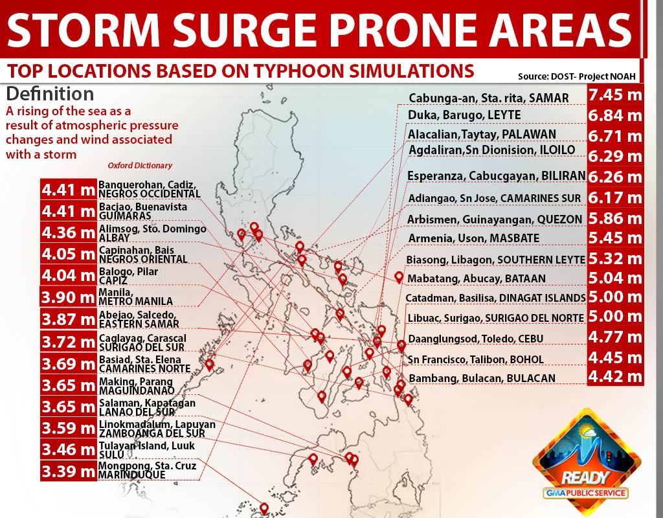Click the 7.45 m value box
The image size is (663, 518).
pyautogui.click(x=615, y=95)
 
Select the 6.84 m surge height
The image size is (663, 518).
pyautogui.click(x=615, y=115)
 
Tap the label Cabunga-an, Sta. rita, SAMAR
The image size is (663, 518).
pyautogui.click(x=488, y=98)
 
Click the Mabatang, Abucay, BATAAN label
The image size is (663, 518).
pyautogui.click(x=476, y=278)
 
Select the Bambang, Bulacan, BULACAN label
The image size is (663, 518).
pyautogui.click(x=482, y=377)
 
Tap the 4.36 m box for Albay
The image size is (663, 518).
pyautogui.click(x=68, y=232)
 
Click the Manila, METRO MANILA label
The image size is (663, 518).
pyautogui.click(x=135, y=297)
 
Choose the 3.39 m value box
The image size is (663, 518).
pyautogui.click(x=68, y=470)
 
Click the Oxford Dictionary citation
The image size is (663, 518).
pyautogui.click(x=140, y=166)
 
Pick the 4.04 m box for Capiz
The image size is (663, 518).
pyautogui.click(x=68, y=276)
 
